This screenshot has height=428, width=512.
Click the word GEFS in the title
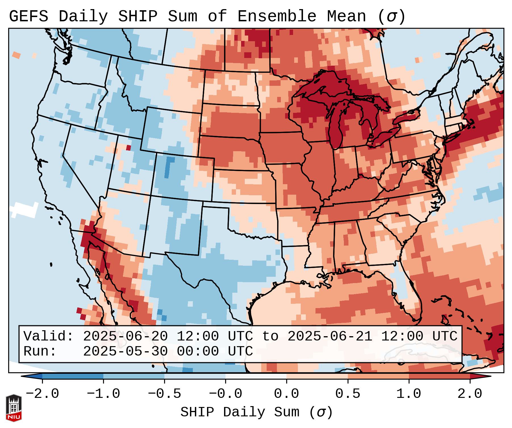click(28, 16)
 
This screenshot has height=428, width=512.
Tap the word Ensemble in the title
click(277, 16)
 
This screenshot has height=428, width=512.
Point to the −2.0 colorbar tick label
click(42, 394)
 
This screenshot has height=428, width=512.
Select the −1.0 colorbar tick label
click(103, 394)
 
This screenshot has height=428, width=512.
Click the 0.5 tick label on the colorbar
click(348, 394)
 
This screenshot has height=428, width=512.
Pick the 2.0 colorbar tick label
click(470, 394)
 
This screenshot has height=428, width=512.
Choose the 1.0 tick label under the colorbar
click(409, 394)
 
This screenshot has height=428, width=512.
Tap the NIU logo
click(14, 408)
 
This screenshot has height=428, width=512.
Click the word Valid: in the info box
click(48, 336)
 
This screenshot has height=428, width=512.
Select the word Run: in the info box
click(40, 352)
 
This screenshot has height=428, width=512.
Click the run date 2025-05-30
click(125, 352)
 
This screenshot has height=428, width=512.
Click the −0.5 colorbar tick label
click(164, 394)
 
